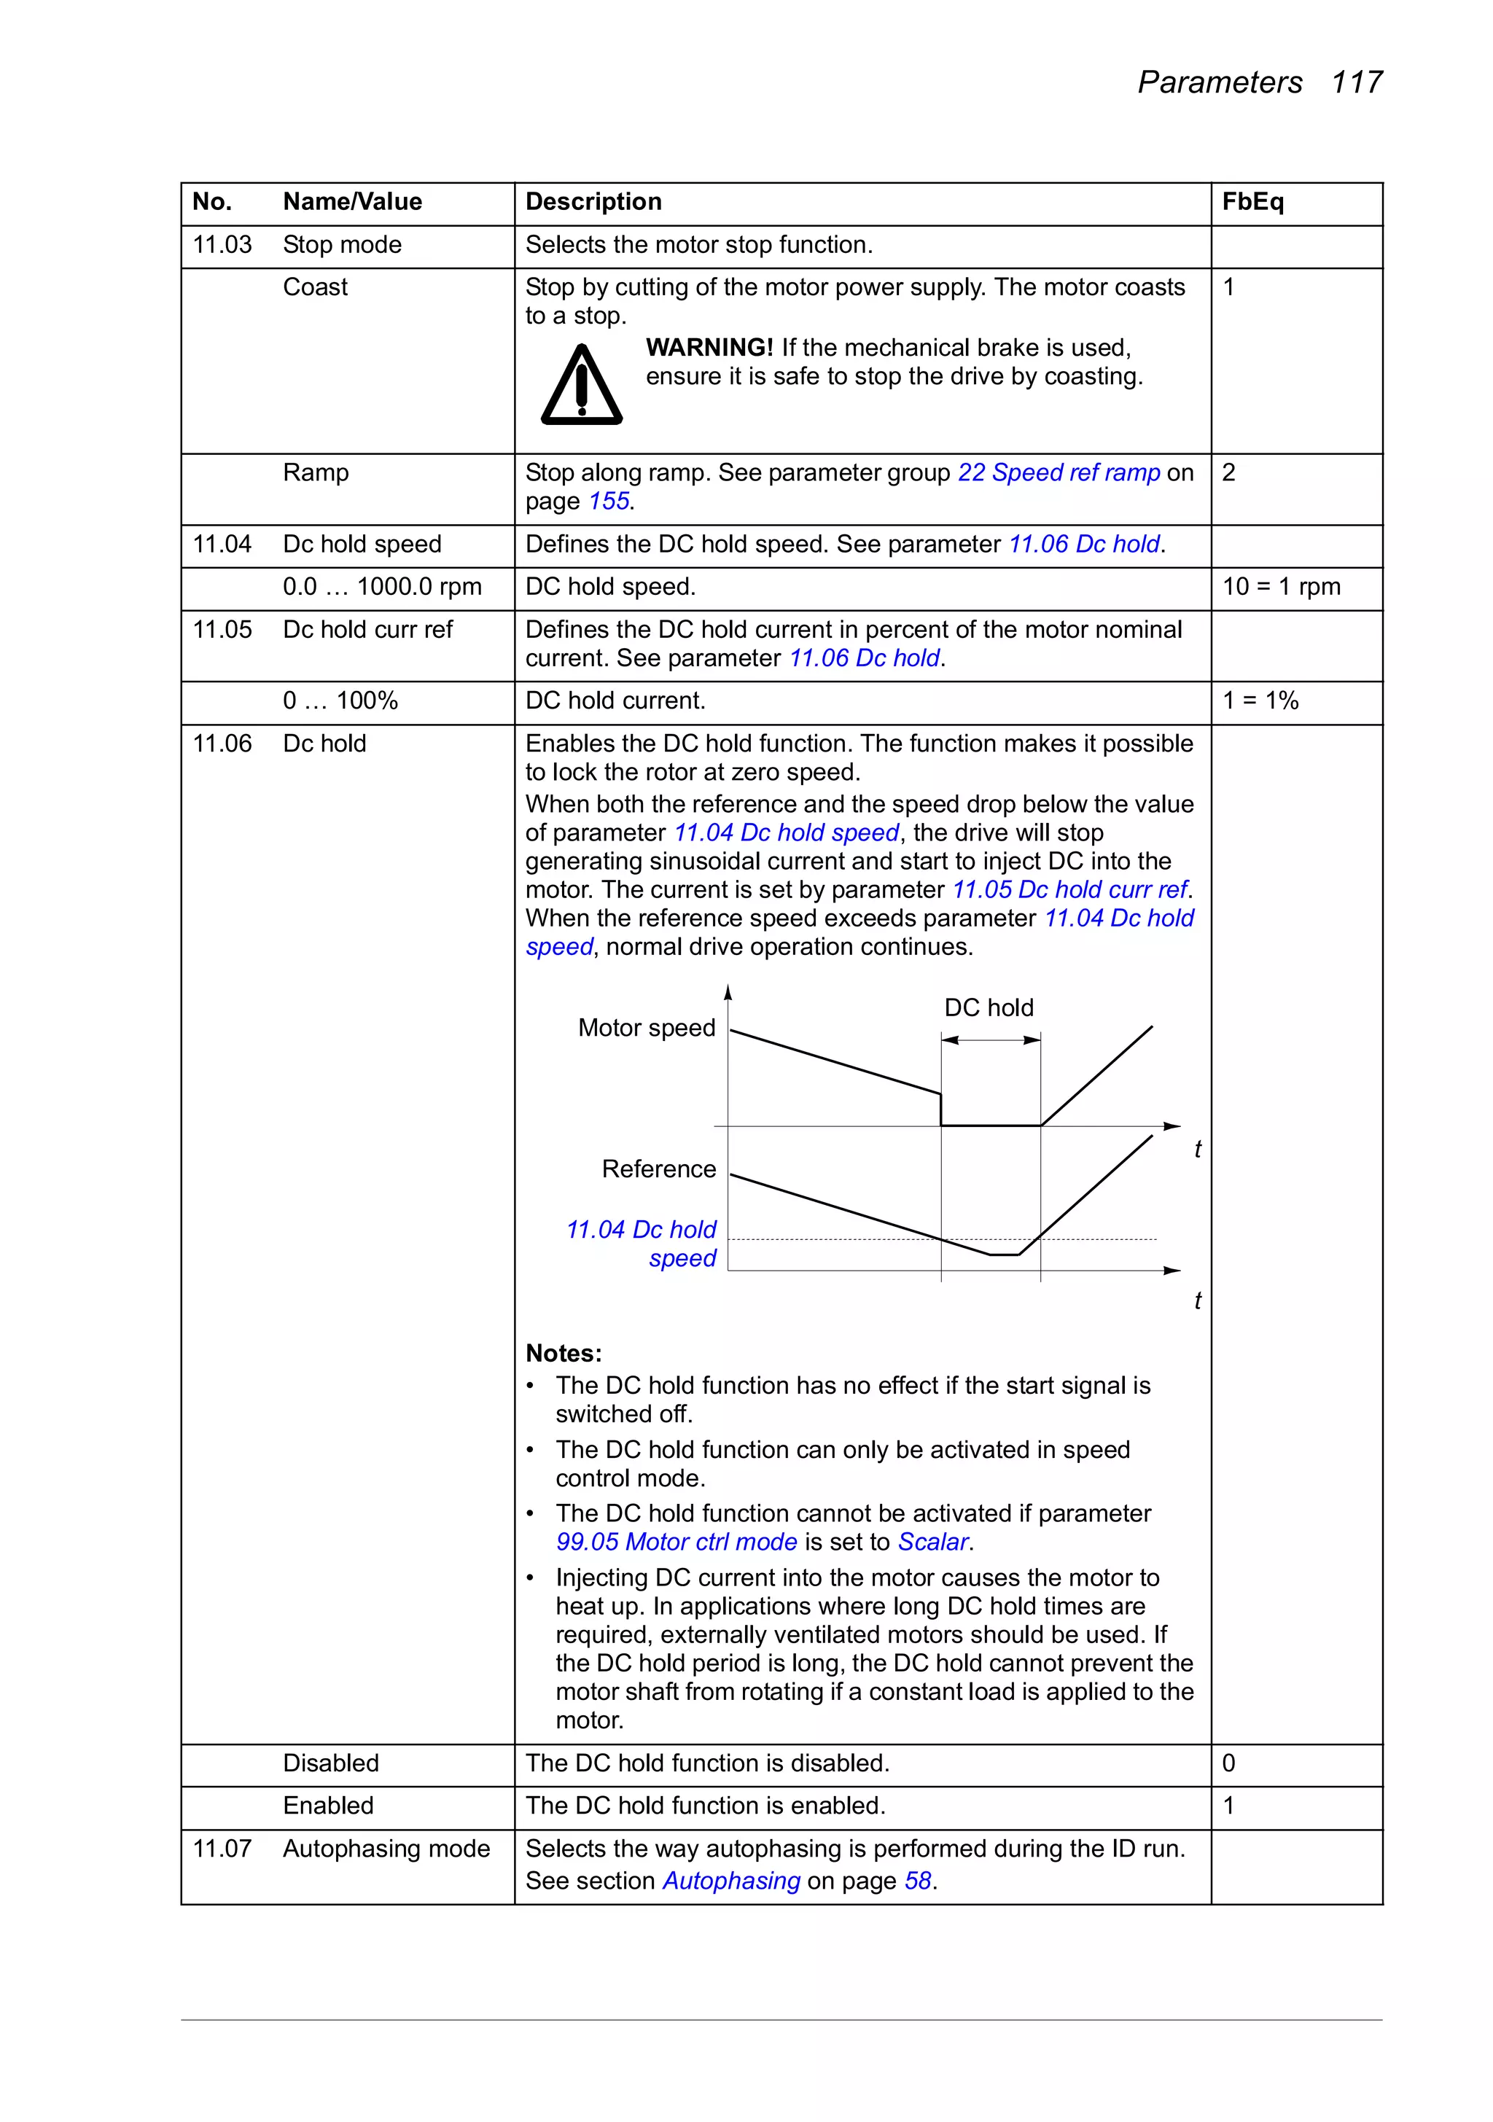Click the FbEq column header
pos(1252,201)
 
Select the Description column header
pos(593,201)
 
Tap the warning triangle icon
pos(582,386)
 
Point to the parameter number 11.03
pos(222,245)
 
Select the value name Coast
pos(315,287)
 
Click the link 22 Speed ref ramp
pos(1059,472)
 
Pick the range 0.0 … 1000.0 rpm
pos(382,587)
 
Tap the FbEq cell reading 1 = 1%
pos(1260,701)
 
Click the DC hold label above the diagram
pos(989,1007)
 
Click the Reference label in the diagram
pos(658,1169)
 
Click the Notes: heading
pos(563,1353)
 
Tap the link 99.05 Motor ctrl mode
pos(676,1542)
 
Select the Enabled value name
pos(328,1805)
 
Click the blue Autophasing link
pos(731,1881)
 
